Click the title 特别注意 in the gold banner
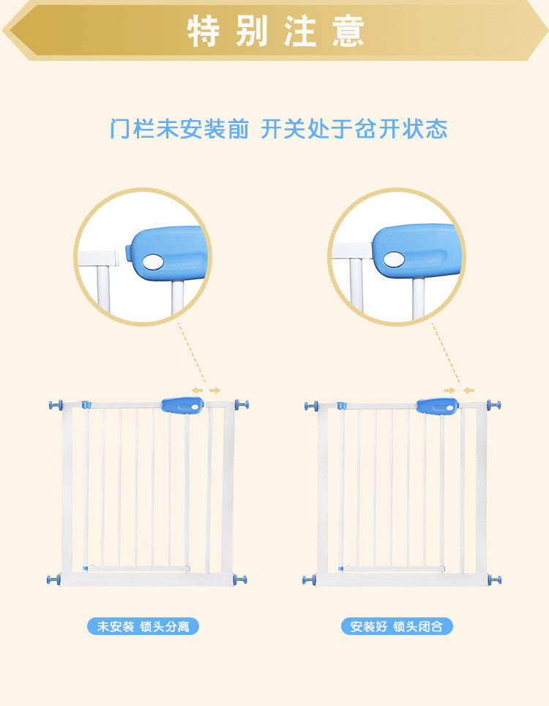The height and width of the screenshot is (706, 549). point(275,31)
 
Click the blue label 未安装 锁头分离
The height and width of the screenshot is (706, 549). point(143,627)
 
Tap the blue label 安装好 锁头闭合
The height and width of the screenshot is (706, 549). point(397,627)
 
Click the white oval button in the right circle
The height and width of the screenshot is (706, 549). point(394,259)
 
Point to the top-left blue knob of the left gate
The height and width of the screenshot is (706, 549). point(54,405)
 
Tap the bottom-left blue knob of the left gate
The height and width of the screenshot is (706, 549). point(54,579)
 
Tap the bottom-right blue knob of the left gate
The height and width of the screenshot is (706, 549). point(241,579)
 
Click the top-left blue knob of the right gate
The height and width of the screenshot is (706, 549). point(310,405)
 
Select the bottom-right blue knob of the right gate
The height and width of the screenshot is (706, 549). point(496,580)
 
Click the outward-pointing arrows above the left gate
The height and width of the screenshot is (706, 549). point(206,390)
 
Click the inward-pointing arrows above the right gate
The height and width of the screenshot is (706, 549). point(459,390)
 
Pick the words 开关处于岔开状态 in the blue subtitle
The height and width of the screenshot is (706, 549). point(354,130)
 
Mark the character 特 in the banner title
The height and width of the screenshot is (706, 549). point(203,31)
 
